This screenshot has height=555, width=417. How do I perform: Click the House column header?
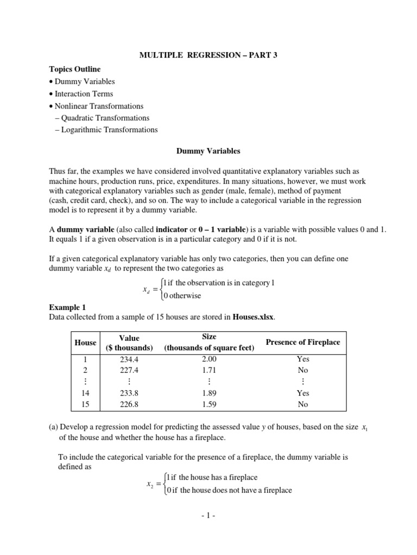tap(85, 343)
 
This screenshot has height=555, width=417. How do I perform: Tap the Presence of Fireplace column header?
tap(302, 342)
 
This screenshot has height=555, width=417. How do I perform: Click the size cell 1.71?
tap(209, 370)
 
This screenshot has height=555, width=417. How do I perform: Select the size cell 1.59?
tap(209, 404)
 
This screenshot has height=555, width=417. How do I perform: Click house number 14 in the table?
tap(85, 393)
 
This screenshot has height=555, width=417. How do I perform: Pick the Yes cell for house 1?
tap(302, 359)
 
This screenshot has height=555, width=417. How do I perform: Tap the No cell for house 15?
tap(302, 404)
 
